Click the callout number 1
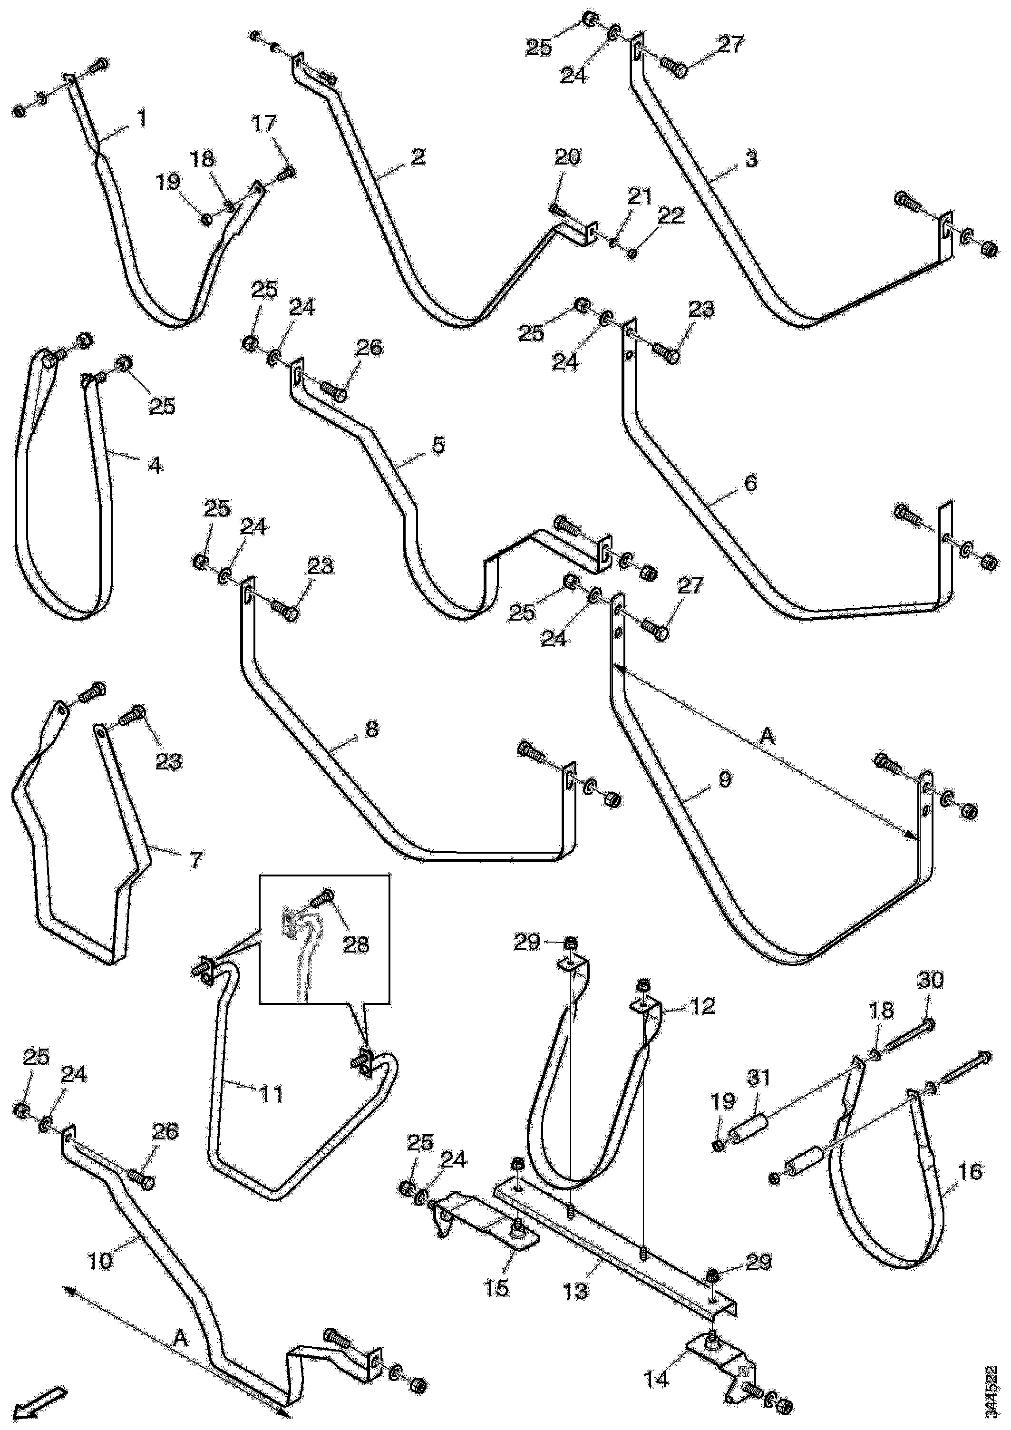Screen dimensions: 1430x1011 [x=143, y=118]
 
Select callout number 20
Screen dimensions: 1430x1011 [x=567, y=157]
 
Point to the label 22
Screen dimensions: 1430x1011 [x=670, y=216]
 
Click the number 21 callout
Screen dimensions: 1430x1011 [x=639, y=197]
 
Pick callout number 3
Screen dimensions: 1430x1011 [x=752, y=159]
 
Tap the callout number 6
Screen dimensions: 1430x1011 [x=750, y=483]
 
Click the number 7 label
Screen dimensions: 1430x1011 [x=195, y=860]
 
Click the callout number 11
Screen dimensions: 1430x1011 [x=272, y=1094]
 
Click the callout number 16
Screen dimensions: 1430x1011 [x=971, y=1171]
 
